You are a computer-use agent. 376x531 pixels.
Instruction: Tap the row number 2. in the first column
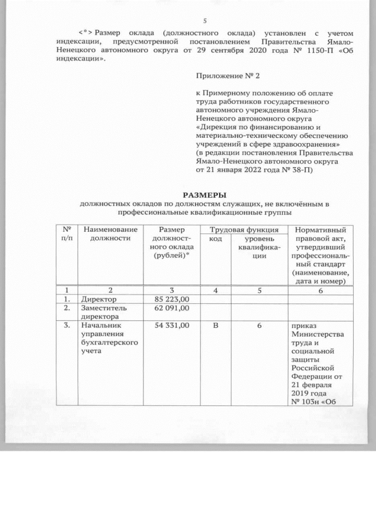point(68,308)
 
